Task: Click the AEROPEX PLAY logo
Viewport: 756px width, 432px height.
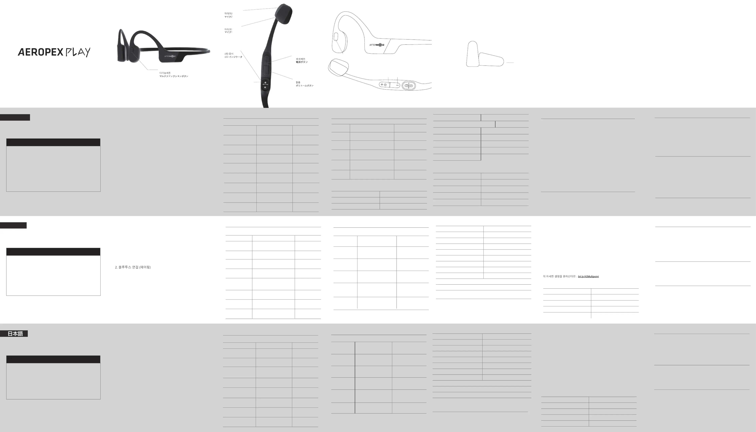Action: pos(54,52)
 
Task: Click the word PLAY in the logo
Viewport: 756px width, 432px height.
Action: pos(78,52)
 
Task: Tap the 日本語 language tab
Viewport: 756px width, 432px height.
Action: pos(15,333)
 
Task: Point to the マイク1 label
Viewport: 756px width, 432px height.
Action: pos(228,32)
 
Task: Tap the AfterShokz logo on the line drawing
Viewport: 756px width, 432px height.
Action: pos(377,45)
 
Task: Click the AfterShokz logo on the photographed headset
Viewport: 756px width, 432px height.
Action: pos(170,56)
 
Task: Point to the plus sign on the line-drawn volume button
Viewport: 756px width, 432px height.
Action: pos(382,85)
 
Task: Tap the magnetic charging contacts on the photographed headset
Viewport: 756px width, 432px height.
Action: pos(265,85)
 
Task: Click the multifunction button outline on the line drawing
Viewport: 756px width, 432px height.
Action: pos(336,37)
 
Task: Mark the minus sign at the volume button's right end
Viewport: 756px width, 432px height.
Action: pos(397,85)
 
